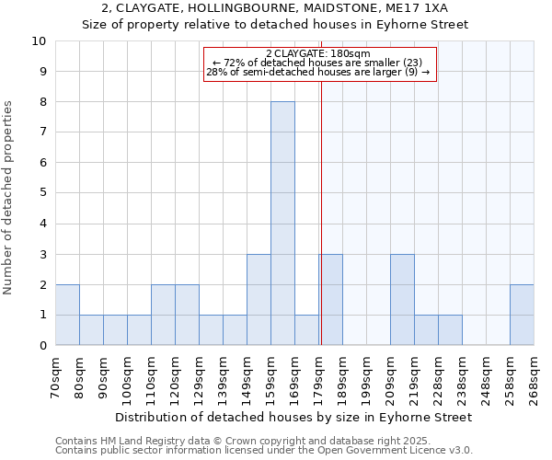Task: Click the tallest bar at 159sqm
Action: [x=282, y=224]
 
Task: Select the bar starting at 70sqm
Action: [x=67, y=315]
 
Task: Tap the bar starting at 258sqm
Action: [x=522, y=315]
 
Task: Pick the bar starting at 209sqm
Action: [x=402, y=300]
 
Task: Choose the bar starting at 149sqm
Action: [x=259, y=300]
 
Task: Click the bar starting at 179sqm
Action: [x=330, y=300]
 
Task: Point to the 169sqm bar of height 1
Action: [x=306, y=330]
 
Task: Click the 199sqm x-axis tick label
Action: [x=367, y=378]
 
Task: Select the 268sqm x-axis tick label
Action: [x=535, y=378]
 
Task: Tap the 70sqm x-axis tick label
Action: [x=56, y=378]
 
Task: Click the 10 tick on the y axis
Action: [x=39, y=41]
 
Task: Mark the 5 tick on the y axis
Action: [x=42, y=193]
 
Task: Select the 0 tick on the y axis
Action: [x=42, y=346]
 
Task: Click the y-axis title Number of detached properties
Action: [x=9, y=198]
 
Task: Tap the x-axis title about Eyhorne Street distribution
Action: [x=294, y=417]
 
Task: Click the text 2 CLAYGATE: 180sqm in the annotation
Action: [x=317, y=53]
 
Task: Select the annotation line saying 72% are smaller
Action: [x=317, y=63]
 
